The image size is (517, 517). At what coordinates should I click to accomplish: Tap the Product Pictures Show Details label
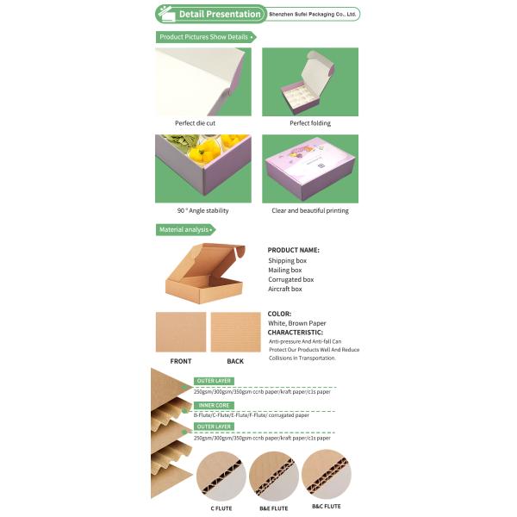pyautogui.click(x=204, y=37)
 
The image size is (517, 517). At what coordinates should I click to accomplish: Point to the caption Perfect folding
pyautogui.click(x=310, y=123)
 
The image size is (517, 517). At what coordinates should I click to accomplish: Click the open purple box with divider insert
pyautogui.click(x=310, y=82)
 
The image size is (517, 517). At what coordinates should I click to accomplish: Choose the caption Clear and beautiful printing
pyautogui.click(x=310, y=210)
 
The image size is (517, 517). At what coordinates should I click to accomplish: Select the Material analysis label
pyautogui.click(x=184, y=229)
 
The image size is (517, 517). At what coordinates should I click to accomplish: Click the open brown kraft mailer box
pyautogui.click(x=204, y=273)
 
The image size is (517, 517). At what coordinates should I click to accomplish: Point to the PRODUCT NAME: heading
pyautogui.click(x=294, y=250)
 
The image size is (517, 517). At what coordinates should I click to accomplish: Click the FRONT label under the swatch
pyautogui.click(x=181, y=361)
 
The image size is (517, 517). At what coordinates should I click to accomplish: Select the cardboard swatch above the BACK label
pyautogui.click(x=235, y=332)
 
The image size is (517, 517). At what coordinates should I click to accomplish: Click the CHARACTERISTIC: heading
pyautogui.click(x=296, y=332)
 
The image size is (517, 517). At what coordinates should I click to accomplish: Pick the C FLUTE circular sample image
pyautogui.click(x=221, y=475)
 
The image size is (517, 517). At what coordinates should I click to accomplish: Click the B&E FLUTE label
pyautogui.click(x=274, y=507)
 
